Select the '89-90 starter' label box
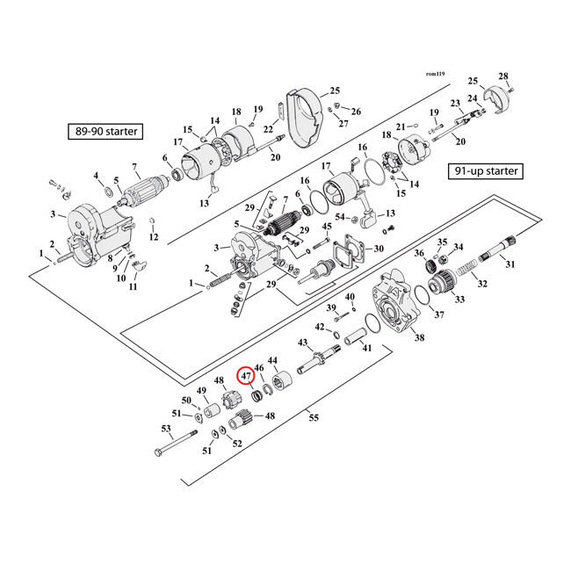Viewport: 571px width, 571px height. click(x=105, y=133)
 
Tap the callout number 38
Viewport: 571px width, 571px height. click(x=419, y=338)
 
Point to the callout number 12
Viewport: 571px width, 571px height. click(x=153, y=237)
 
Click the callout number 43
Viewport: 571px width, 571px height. click(x=303, y=343)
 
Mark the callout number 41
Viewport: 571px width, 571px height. click(x=366, y=349)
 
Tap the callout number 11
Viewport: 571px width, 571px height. click(x=134, y=287)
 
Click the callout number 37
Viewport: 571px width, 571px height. click(x=439, y=314)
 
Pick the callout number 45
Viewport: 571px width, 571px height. click(x=327, y=227)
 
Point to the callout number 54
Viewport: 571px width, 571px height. click(x=339, y=217)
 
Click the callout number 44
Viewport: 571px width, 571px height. click(x=272, y=361)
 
